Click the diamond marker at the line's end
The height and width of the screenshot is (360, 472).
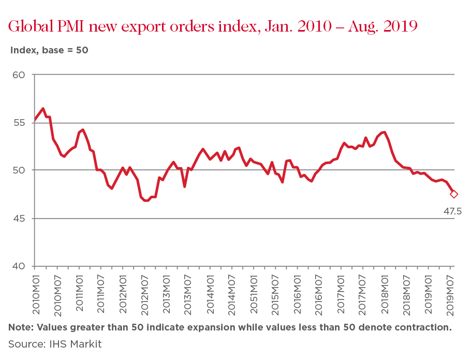pos(454,194)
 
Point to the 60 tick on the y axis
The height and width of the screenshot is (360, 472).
pos(19,75)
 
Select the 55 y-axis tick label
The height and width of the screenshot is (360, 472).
pos(19,123)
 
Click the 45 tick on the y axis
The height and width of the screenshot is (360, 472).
pos(19,219)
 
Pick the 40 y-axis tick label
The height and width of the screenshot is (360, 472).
pos(19,266)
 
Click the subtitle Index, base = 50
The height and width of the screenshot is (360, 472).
pos(49,50)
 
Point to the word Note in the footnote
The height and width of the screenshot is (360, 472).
pos(20,327)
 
